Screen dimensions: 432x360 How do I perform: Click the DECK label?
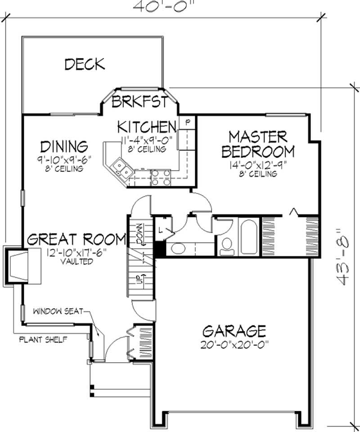click(85, 64)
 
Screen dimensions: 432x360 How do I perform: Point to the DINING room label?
click(63, 146)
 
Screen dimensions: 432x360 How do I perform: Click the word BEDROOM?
click(258, 151)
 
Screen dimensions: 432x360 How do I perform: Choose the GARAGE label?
click(234, 331)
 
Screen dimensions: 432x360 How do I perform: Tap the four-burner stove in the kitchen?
click(161, 177)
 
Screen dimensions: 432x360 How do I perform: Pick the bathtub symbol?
click(248, 237)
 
